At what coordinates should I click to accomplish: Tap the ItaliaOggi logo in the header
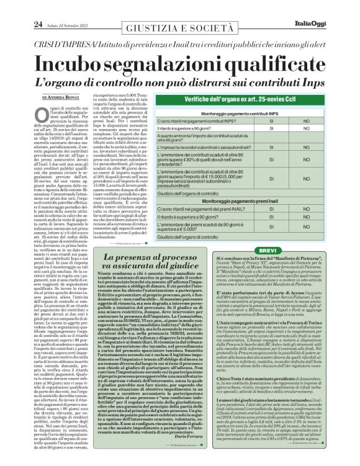pyautogui.click(x=335, y=7)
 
